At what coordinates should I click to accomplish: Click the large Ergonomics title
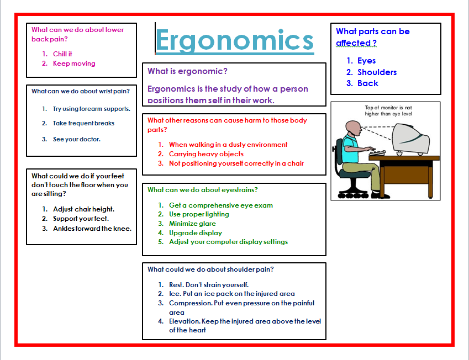point(235,40)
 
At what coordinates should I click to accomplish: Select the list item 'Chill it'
point(62,54)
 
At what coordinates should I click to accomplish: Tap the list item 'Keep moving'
point(74,63)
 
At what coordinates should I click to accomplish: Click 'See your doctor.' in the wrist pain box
point(77,139)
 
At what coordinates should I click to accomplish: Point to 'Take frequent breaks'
point(84,124)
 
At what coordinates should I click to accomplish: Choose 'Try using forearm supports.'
point(92,109)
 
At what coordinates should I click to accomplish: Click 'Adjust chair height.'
point(83,209)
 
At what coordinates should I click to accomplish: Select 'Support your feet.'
point(81,219)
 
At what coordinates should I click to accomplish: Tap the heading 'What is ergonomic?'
point(187,71)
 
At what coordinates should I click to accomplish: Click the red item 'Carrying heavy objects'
point(206,154)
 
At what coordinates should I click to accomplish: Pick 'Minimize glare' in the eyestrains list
point(192,224)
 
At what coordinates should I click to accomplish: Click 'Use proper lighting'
point(199,214)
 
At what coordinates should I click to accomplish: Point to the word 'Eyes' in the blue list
point(366,61)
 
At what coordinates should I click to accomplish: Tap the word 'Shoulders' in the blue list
point(377,72)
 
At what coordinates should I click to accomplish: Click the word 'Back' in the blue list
point(368,83)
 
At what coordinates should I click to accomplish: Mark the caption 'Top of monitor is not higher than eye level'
point(388,111)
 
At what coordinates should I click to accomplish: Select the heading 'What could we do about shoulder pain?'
point(210,269)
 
